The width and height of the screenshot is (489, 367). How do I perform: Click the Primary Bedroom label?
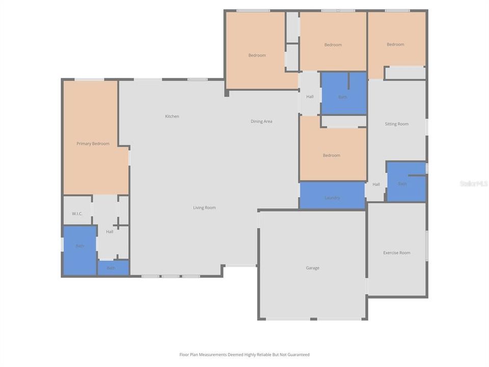pyautogui.click(x=93, y=144)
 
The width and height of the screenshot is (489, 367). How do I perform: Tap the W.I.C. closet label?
pyautogui.click(x=77, y=214)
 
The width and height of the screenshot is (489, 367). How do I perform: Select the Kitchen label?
pyautogui.click(x=172, y=117)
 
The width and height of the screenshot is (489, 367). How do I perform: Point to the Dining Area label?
pyautogui.click(x=261, y=121)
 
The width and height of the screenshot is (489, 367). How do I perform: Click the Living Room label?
pyautogui.click(x=204, y=207)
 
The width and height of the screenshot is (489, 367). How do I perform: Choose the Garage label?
pyautogui.click(x=312, y=268)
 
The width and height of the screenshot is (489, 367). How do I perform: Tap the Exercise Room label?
pyautogui.click(x=396, y=253)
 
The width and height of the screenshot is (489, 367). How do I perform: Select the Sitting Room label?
pyautogui.click(x=396, y=124)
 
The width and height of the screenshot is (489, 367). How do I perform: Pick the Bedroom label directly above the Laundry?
pyautogui.click(x=331, y=155)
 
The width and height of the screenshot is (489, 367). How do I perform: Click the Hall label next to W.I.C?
pyautogui.click(x=110, y=232)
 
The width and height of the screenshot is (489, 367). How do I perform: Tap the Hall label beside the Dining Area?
pyautogui.click(x=310, y=97)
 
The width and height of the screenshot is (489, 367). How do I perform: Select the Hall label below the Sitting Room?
pyautogui.click(x=376, y=185)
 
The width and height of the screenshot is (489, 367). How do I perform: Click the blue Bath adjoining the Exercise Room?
pyautogui.click(x=402, y=183)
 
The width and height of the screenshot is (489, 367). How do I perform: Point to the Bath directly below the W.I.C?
pyautogui.click(x=80, y=246)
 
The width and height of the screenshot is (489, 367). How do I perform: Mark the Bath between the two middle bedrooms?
pyautogui.click(x=343, y=97)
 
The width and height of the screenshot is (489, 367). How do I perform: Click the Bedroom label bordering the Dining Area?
pyautogui.click(x=257, y=56)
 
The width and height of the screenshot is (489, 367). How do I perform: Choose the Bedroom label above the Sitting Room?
pyautogui.click(x=395, y=44)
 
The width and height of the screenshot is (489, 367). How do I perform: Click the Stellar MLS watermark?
pyautogui.click(x=473, y=183)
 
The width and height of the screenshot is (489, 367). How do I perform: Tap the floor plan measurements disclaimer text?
pyautogui.click(x=244, y=355)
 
